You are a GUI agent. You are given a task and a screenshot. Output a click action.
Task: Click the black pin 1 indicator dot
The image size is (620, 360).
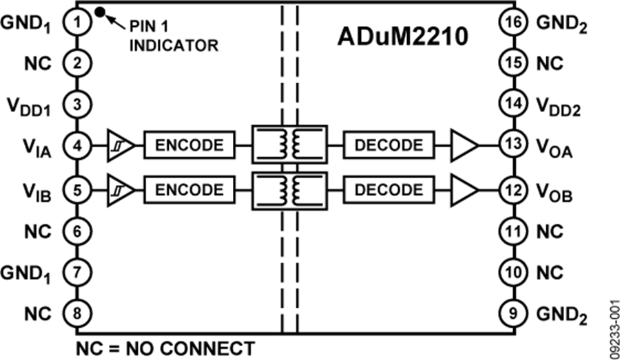point(101,10)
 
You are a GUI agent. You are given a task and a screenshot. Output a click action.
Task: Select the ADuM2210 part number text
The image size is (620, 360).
point(403,36)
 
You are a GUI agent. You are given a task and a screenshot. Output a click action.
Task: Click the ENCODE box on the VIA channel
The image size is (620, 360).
point(189,146)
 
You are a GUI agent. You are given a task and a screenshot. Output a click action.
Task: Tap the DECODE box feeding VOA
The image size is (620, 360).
point(389,146)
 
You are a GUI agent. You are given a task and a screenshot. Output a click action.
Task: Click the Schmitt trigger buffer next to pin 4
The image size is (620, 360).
point(120,146)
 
